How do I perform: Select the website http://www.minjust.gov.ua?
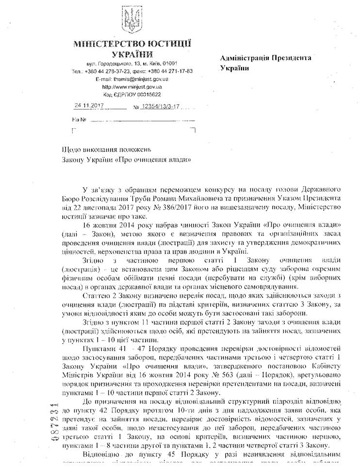pos(131,86)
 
